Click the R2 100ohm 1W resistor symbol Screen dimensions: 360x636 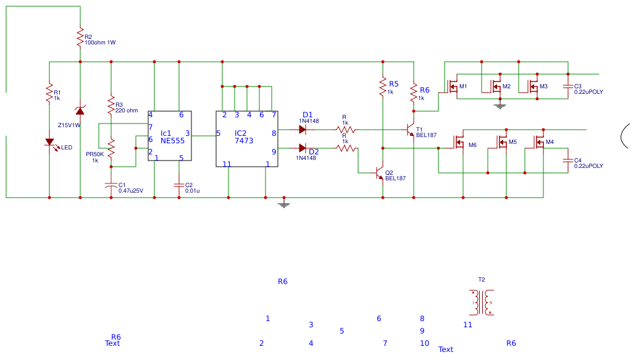click(80, 37)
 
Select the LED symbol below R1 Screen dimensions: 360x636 click(49, 143)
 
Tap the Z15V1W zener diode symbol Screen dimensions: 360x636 click(80, 110)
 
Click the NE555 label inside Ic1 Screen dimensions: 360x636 click(172, 141)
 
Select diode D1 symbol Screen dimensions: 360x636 click(303, 130)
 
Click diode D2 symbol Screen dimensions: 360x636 click(303, 148)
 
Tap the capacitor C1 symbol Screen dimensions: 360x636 click(111, 185)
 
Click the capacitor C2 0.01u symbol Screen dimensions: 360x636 click(179, 185)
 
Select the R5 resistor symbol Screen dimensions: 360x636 click(383, 87)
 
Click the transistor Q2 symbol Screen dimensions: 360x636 click(379, 174)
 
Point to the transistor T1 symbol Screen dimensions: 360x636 click(410, 130)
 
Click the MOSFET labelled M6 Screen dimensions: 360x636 click(459, 143)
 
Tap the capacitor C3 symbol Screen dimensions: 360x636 click(568, 87)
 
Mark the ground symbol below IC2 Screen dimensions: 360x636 click(283, 203)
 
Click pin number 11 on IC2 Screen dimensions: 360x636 click(227, 164)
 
